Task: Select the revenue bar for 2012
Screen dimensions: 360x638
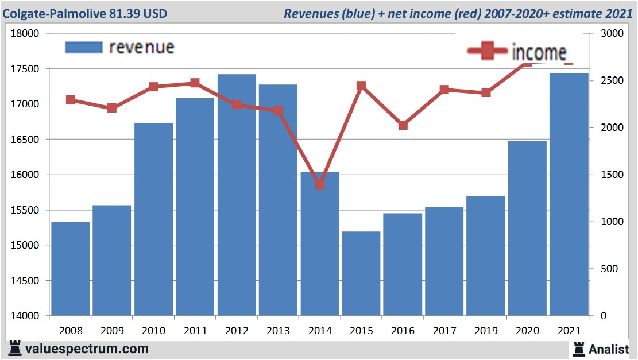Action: [237, 195]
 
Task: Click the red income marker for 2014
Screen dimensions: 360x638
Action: [320, 185]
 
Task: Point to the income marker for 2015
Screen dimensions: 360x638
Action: [361, 86]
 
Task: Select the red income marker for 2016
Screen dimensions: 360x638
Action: [403, 125]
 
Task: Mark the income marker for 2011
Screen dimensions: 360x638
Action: [195, 83]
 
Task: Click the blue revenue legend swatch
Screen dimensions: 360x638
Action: [84, 47]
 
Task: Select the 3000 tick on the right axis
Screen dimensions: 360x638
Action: [610, 33]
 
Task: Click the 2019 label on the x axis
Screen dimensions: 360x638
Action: [485, 331]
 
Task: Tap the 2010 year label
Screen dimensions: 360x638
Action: [153, 331]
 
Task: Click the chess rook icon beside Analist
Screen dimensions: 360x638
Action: [579, 348]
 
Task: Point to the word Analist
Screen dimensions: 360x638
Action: [609, 349]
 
